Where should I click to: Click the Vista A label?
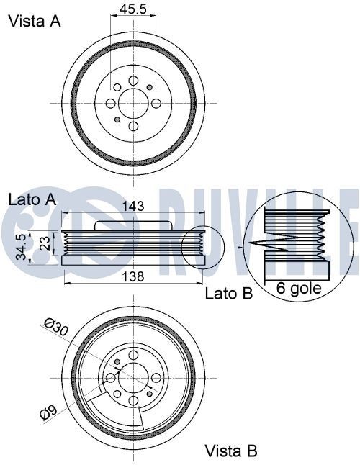pyautogui.click(x=34, y=21)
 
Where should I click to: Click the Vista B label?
pyautogui.click(x=230, y=451)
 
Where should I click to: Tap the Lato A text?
pyautogui.click(x=32, y=199)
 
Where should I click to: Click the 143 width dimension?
pyautogui.click(x=133, y=206)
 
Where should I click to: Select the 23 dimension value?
pyautogui.click(x=45, y=243)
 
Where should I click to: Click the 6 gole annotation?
pyautogui.click(x=300, y=289)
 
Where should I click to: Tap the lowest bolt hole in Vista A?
pyautogui.click(x=133, y=127)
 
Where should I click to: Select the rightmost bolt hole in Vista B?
pyautogui.click(x=156, y=377)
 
